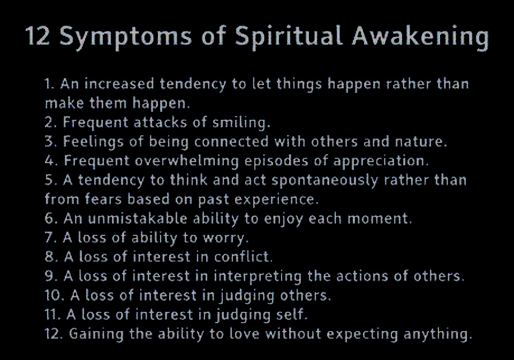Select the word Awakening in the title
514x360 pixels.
point(420,37)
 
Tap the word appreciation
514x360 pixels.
point(381,161)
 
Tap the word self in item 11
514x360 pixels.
point(291,315)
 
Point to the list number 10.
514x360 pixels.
point(55,295)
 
